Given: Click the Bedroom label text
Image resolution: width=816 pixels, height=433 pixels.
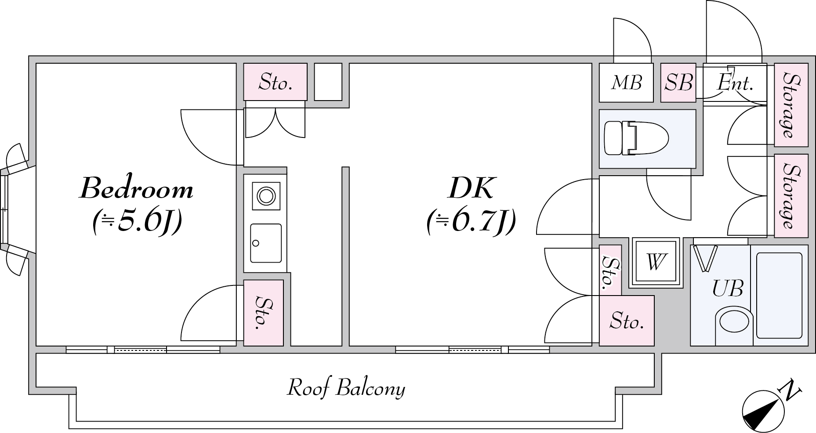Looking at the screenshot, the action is coord(136,189).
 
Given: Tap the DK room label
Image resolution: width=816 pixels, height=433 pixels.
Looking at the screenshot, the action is coord(471,189).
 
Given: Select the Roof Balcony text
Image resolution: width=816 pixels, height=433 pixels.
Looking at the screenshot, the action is coord(346,389).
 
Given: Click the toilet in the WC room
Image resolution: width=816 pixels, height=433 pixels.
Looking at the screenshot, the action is coord(636,138).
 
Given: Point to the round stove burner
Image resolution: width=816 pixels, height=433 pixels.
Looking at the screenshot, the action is coord(266,195).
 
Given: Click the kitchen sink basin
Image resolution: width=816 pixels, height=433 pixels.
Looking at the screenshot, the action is coord(266,243).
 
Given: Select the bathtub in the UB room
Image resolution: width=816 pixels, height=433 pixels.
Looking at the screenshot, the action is coord(779,295).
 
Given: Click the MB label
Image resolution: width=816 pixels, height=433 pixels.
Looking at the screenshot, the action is coord(626,83).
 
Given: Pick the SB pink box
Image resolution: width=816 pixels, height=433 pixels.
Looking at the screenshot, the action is coord(678,83).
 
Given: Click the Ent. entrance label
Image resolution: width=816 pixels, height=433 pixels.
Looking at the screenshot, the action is coord(735,83).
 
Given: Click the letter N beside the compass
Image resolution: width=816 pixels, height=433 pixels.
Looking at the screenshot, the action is coord(790,390).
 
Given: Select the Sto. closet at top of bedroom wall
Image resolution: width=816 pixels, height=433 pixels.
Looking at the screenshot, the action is coord(275,82).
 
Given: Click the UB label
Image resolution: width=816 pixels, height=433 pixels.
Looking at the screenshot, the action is coord(728,289).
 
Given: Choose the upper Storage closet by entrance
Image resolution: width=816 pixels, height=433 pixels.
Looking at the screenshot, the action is coord(791,105).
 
